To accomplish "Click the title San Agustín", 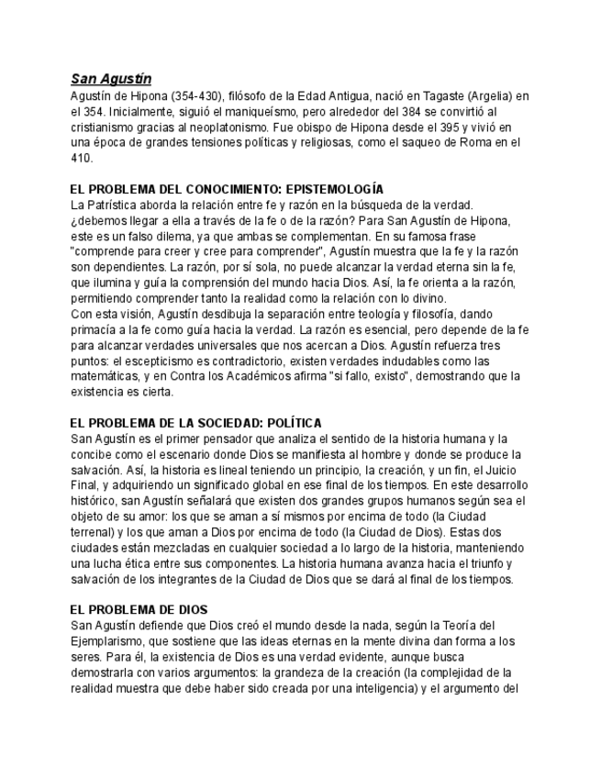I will pyautogui.click(x=111, y=80).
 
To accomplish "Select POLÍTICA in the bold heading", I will pyautogui.click(x=292, y=423).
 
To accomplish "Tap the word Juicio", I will pyautogui.click(x=503, y=470).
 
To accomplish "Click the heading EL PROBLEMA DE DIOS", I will pyautogui.click(x=139, y=610).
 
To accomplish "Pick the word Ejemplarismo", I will pyautogui.click(x=107, y=641).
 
